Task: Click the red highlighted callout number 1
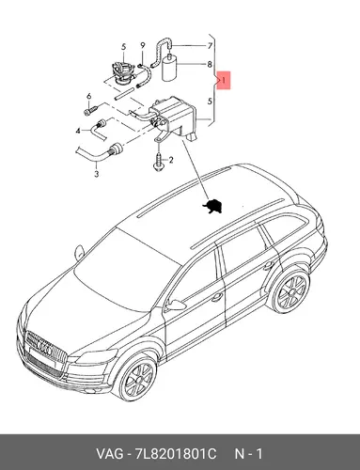(x=224, y=81)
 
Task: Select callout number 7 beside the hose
(x=210, y=46)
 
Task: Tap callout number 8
(x=210, y=65)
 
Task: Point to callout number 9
(x=143, y=45)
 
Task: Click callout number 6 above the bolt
(x=88, y=96)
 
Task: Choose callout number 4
(x=78, y=131)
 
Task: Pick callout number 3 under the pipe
(x=97, y=173)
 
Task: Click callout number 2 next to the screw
(x=171, y=161)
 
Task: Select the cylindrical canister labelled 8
(x=169, y=68)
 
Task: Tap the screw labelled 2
(x=158, y=162)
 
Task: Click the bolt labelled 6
(x=91, y=110)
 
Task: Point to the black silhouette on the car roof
(x=212, y=206)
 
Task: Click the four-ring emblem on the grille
(x=44, y=348)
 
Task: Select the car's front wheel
(x=137, y=380)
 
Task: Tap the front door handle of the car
(x=217, y=297)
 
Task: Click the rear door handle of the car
(x=268, y=265)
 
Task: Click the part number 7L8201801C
(x=176, y=454)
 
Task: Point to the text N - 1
(x=249, y=454)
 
